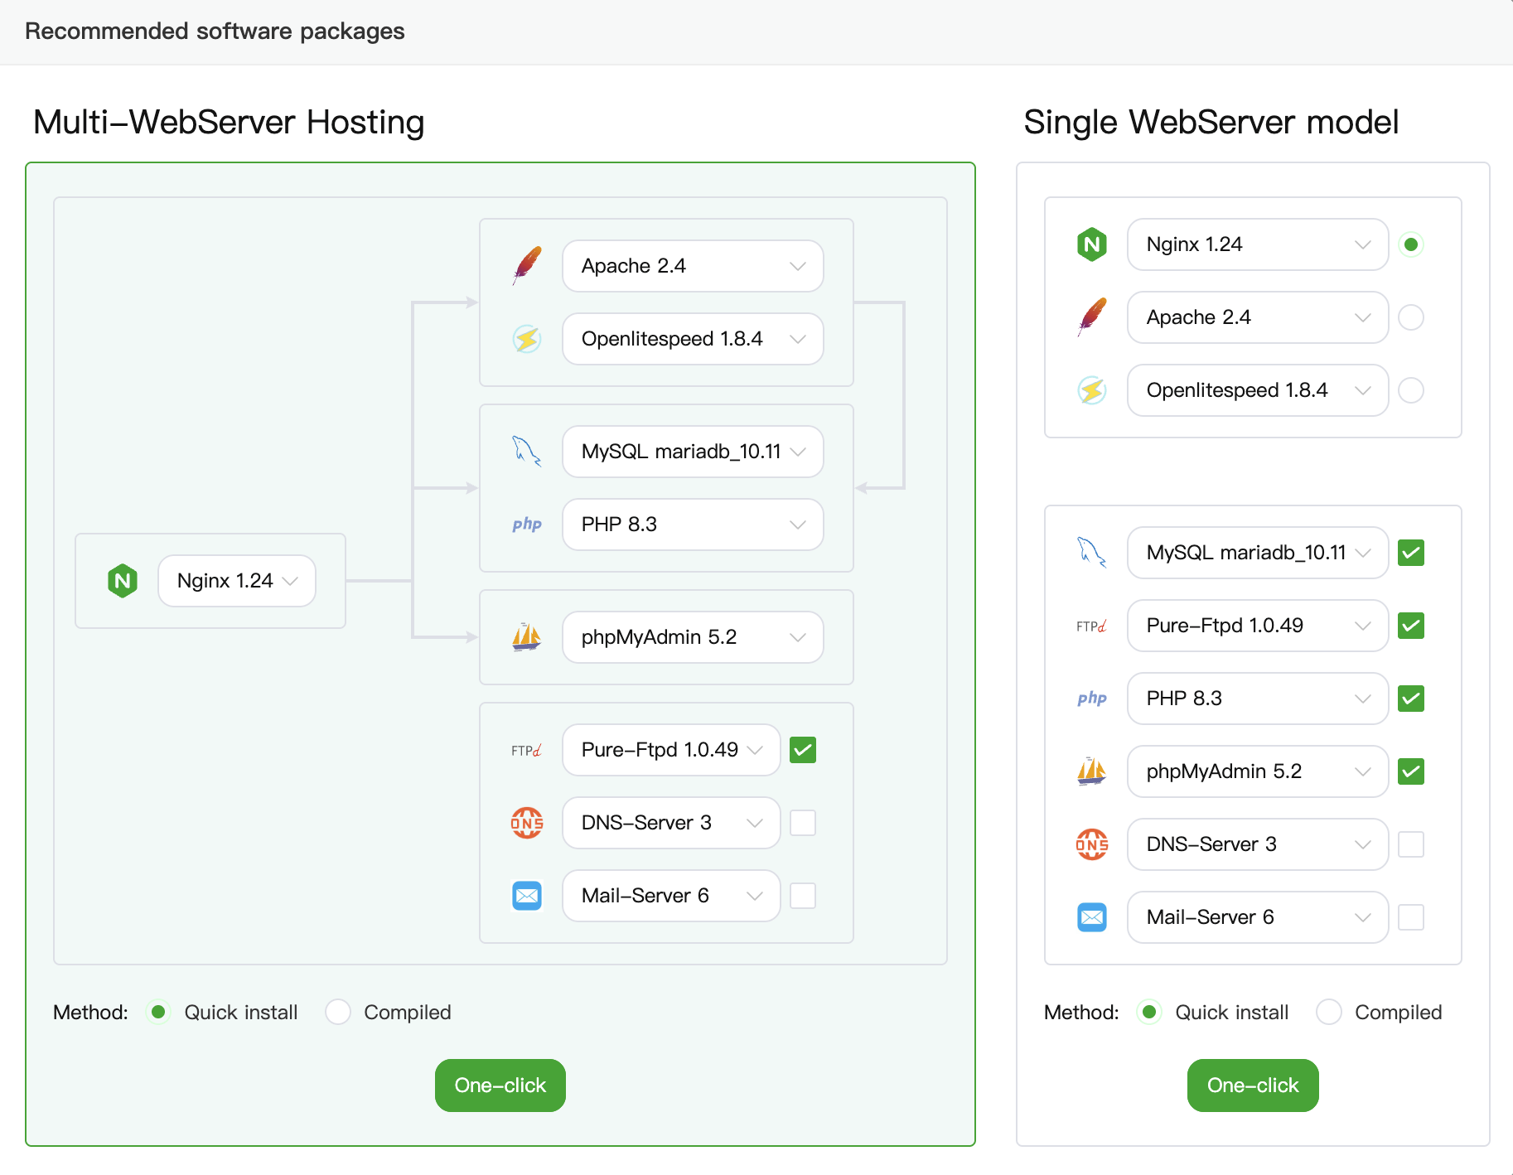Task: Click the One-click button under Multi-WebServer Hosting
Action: pyautogui.click(x=500, y=1085)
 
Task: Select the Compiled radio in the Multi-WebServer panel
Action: pyautogui.click(x=338, y=1012)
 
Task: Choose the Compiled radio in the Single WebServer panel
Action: pyautogui.click(x=1329, y=1012)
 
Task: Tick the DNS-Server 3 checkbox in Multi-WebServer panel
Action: pyautogui.click(x=803, y=823)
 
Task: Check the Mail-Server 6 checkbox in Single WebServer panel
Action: pyautogui.click(x=1411, y=917)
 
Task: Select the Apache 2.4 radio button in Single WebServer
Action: pyautogui.click(x=1411, y=317)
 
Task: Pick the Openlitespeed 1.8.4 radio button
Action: pyautogui.click(x=1411, y=390)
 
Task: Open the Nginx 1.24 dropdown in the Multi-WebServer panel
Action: pyautogui.click(x=237, y=581)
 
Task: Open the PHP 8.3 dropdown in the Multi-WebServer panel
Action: pyautogui.click(x=693, y=525)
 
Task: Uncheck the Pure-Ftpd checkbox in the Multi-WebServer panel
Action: pyautogui.click(x=803, y=750)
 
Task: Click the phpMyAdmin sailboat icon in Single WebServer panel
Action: pyautogui.click(x=1091, y=771)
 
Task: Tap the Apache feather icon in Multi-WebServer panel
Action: pyautogui.click(x=527, y=265)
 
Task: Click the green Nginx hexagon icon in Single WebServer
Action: pyautogui.click(x=1092, y=244)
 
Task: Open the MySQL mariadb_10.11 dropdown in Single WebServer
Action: pyautogui.click(x=1257, y=553)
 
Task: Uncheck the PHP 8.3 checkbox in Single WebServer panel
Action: pyautogui.click(x=1411, y=699)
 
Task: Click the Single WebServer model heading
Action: pyautogui.click(x=1211, y=122)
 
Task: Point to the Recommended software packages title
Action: pyautogui.click(x=215, y=31)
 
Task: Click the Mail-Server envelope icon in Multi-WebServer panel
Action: pyautogui.click(x=527, y=896)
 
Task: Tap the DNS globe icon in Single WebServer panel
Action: pyautogui.click(x=1091, y=844)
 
